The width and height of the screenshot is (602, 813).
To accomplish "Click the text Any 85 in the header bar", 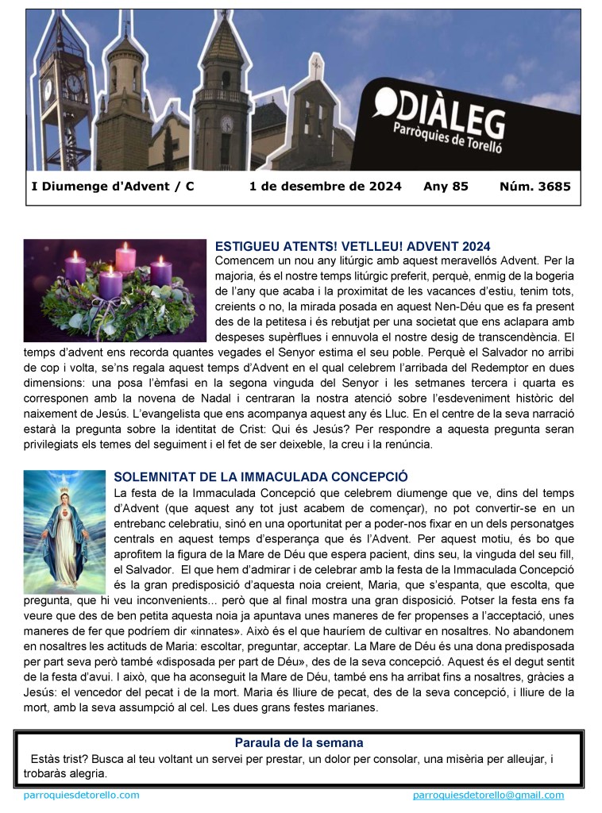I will [446, 187].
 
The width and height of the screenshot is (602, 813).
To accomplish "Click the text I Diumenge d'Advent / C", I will [112, 187].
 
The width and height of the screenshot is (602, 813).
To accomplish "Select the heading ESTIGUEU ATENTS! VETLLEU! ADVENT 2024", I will [353, 246].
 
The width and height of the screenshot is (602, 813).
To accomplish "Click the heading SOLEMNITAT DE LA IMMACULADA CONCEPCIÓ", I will [260, 476].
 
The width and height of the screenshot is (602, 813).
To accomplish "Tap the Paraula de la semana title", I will [299, 743].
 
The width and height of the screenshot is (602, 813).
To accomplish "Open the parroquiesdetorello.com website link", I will [82, 795].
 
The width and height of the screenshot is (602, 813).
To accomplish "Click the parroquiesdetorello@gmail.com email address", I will [488, 795].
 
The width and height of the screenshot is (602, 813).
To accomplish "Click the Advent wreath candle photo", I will [114, 290].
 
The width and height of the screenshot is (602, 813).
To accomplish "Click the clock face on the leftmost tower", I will [73, 83].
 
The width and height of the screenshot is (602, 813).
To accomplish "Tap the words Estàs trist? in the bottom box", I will [57, 759].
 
